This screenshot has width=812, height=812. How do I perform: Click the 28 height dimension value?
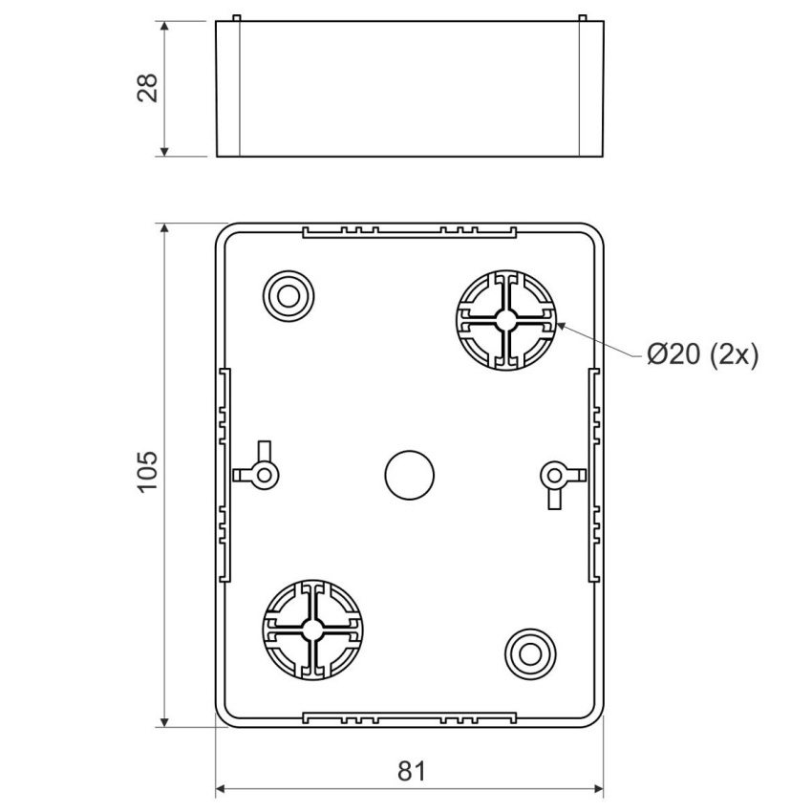tap(148, 88)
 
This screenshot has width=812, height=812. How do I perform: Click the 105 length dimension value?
tap(148, 472)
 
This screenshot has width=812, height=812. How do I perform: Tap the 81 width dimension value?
tap(412, 771)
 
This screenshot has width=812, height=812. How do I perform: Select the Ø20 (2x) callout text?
tap(703, 355)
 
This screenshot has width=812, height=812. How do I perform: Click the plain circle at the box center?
tap(409, 475)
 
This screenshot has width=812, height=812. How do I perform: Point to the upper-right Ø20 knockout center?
tap(506, 320)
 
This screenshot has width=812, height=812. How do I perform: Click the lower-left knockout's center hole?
tap(312, 630)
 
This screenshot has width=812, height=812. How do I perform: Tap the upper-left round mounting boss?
tap(288, 297)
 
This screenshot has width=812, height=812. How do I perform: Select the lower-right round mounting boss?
tap(530, 654)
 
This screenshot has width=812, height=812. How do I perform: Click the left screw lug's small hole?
tap(265, 475)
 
